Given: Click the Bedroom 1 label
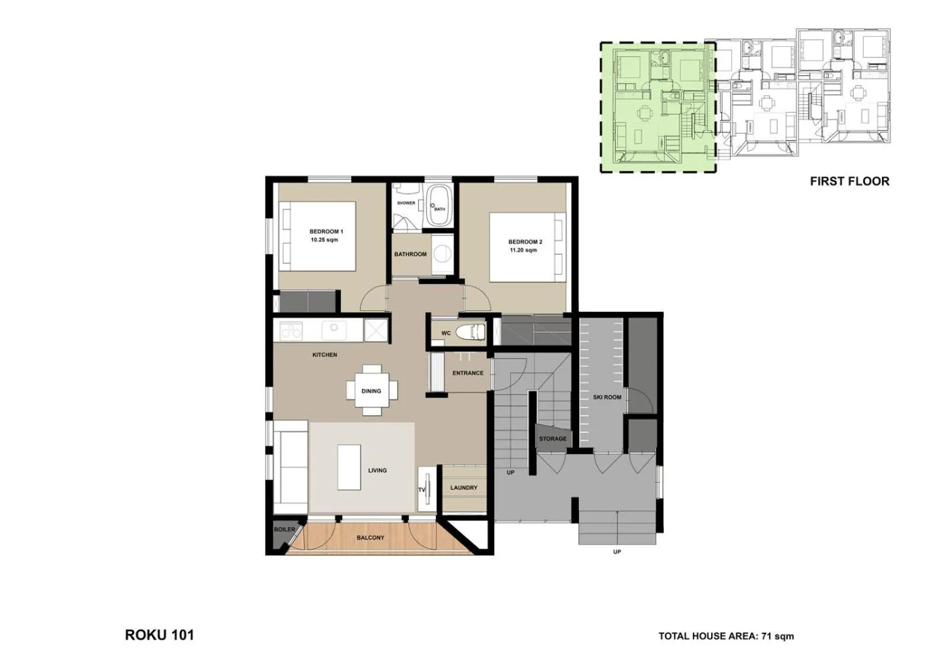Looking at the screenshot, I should coord(326,232).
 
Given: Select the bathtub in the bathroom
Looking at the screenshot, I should coord(439,205).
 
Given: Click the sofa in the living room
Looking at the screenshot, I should coord(290,467).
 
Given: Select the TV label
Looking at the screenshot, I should coord(422,490).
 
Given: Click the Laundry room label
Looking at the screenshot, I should coord(463,487).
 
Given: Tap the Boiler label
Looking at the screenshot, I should coord(284,529).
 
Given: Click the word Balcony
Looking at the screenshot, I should coord(370,538).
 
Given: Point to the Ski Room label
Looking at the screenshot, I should coord(607,397).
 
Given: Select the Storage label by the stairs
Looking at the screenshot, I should coord(552,439).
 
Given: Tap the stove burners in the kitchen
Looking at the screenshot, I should coord(291,330).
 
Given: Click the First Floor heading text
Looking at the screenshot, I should coord(849,181).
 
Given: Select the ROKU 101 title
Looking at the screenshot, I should coord(159,635).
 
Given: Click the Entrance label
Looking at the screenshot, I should coord(467,373).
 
